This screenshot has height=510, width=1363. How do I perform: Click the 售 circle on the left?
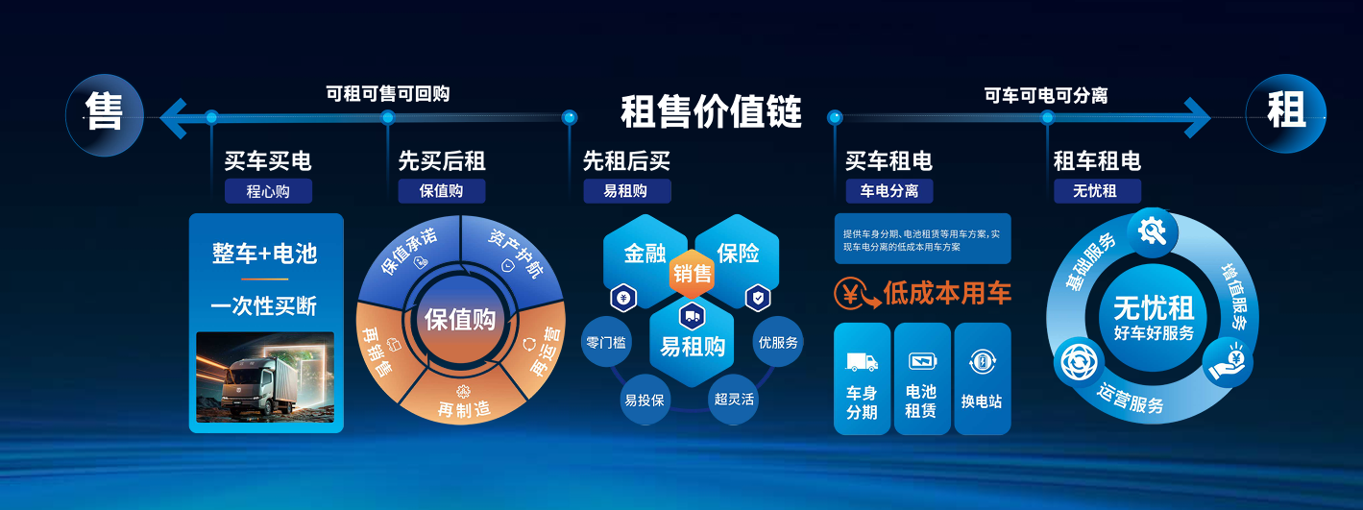click(x=105, y=115)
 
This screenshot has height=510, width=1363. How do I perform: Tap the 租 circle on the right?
click(x=1286, y=113)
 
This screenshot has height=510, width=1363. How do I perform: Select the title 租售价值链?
click(x=711, y=111)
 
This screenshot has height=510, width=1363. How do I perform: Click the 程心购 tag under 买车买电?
click(x=268, y=191)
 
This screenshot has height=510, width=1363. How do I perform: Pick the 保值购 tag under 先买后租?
click(x=442, y=191)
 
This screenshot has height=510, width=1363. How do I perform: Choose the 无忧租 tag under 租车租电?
click(x=1097, y=191)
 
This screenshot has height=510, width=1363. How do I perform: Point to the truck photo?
click(x=265, y=376)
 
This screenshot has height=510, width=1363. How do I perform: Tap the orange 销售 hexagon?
click(x=692, y=274)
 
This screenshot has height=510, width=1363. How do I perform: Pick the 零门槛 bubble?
click(x=607, y=342)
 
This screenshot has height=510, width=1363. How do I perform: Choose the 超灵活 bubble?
click(x=734, y=400)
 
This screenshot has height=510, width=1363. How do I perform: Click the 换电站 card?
click(x=982, y=378)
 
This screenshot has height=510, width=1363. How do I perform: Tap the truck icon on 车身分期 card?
click(x=862, y=362)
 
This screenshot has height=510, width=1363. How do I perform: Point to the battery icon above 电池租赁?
click(x=922, y=361)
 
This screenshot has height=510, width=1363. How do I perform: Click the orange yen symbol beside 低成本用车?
click(x=855, y=293)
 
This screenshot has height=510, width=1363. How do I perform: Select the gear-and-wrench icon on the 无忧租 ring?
click(x=1152, y=231)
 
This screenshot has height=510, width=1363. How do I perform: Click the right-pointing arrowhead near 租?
click(x=1198, y=117)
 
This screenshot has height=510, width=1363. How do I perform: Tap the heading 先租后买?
click(x=626, y=161)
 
